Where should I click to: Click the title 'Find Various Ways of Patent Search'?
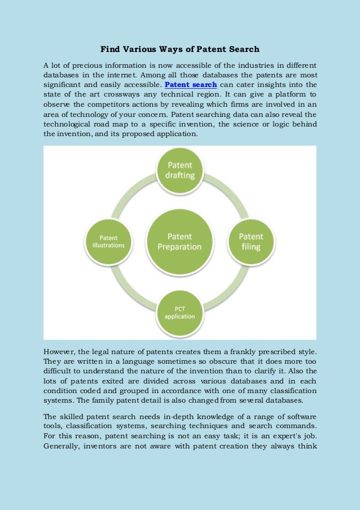(x=179, y=49)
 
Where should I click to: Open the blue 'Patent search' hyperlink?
(x=191, y=85)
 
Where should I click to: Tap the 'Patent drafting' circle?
(x=179, y=170)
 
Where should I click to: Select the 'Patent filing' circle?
(x=251, y=241)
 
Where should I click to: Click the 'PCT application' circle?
(x=179, y=312)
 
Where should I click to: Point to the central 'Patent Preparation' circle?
(x=179, y=242)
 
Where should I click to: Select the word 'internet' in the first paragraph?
(x=123, y=75)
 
